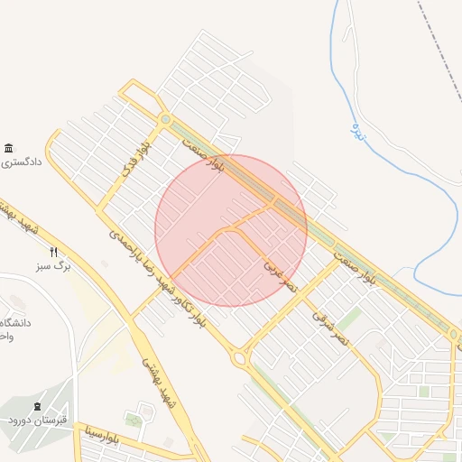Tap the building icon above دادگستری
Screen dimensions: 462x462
[9, 148]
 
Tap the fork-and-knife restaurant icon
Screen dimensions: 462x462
[54, 253]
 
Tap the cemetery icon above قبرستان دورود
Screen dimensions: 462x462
[37, 407]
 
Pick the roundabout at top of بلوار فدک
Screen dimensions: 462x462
[165, 119]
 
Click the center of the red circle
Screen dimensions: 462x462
[231, 230]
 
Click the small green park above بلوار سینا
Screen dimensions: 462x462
[134, 420]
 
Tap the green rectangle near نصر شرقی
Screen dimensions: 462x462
[349, 319]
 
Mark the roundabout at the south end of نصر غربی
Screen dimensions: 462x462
[242, 359]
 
